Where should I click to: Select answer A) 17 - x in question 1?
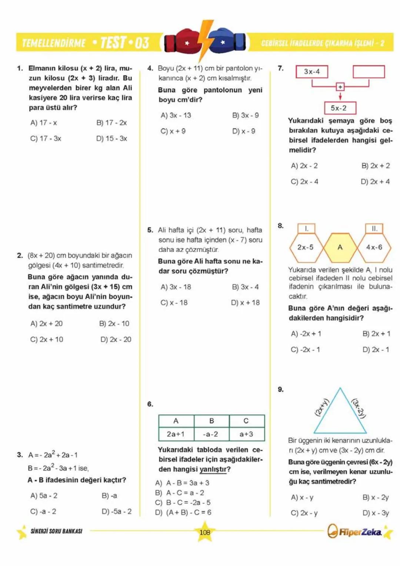point(44,123)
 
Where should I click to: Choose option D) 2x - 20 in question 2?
point(116,340)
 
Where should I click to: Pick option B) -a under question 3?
point(109,496)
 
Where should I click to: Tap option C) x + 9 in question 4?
point(173,131)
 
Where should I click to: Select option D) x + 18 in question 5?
point(245,303)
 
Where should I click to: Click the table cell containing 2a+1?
point(176,434)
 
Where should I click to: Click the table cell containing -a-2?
point(211,434)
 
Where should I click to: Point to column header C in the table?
point(246,421)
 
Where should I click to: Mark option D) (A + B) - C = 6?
point(183,513)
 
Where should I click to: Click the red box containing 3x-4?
point(312,72)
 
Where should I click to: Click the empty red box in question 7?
point(369,72)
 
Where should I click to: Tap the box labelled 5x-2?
point(339,108)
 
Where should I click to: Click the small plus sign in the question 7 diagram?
point(340,87)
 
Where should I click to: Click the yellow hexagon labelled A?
point(340,247)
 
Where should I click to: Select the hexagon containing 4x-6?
point(374,247)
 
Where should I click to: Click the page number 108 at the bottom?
point(205,532)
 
